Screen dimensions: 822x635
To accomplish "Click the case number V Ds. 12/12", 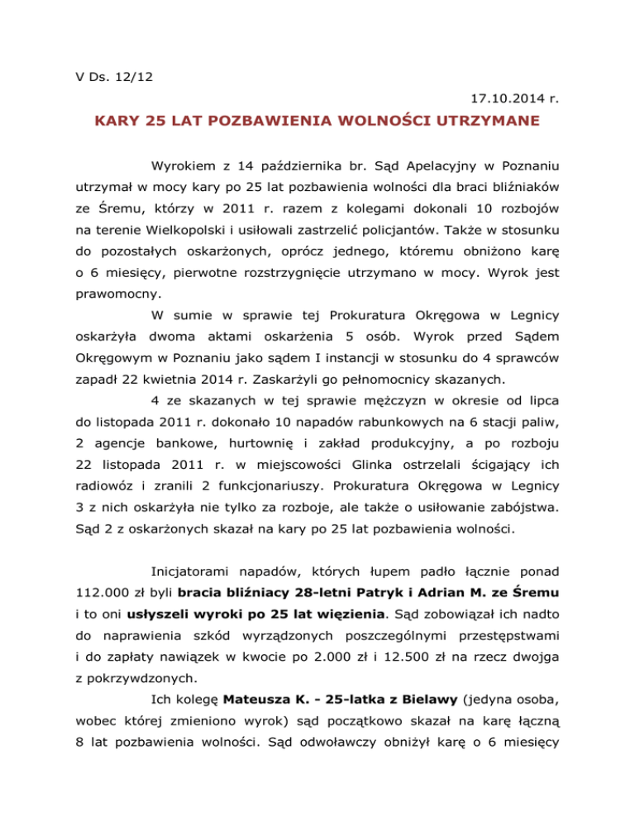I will [x=103, y=80].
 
